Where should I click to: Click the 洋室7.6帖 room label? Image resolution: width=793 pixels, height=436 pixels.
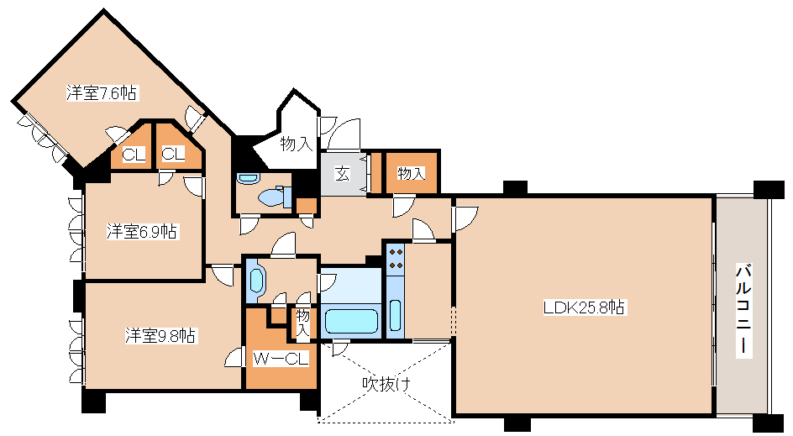pos(102,93)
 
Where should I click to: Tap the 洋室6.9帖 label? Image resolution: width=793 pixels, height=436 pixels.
pos(141,231)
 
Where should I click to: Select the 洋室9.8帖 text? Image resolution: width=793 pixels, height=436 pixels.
pos(162,335)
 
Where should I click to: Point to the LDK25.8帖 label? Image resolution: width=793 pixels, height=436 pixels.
pos(584,307)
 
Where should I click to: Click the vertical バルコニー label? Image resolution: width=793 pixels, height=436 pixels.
pos(743,310)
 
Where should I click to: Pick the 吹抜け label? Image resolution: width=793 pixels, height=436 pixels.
pos(386,384)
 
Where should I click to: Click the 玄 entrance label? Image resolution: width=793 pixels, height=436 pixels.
pos(343,175)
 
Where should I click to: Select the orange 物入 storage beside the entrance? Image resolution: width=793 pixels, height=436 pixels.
pos(411,174)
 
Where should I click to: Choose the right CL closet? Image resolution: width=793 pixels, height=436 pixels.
pos(173,155)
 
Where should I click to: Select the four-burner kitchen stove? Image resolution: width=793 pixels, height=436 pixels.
pos(396,258)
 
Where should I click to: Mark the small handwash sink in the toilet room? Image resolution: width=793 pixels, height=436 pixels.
pos(246,178)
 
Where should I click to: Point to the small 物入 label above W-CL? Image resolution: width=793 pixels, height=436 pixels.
pos(302,323)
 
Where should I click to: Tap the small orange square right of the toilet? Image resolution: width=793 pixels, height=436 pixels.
pos(307,204)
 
